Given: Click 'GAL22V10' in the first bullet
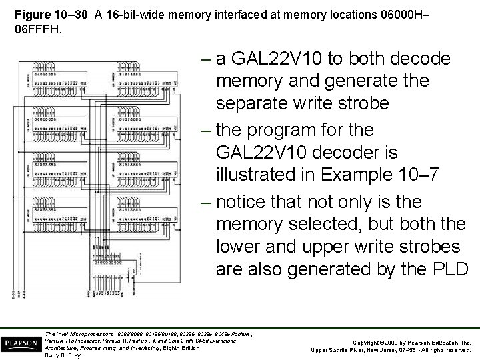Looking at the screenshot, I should [x=280, y=59].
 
